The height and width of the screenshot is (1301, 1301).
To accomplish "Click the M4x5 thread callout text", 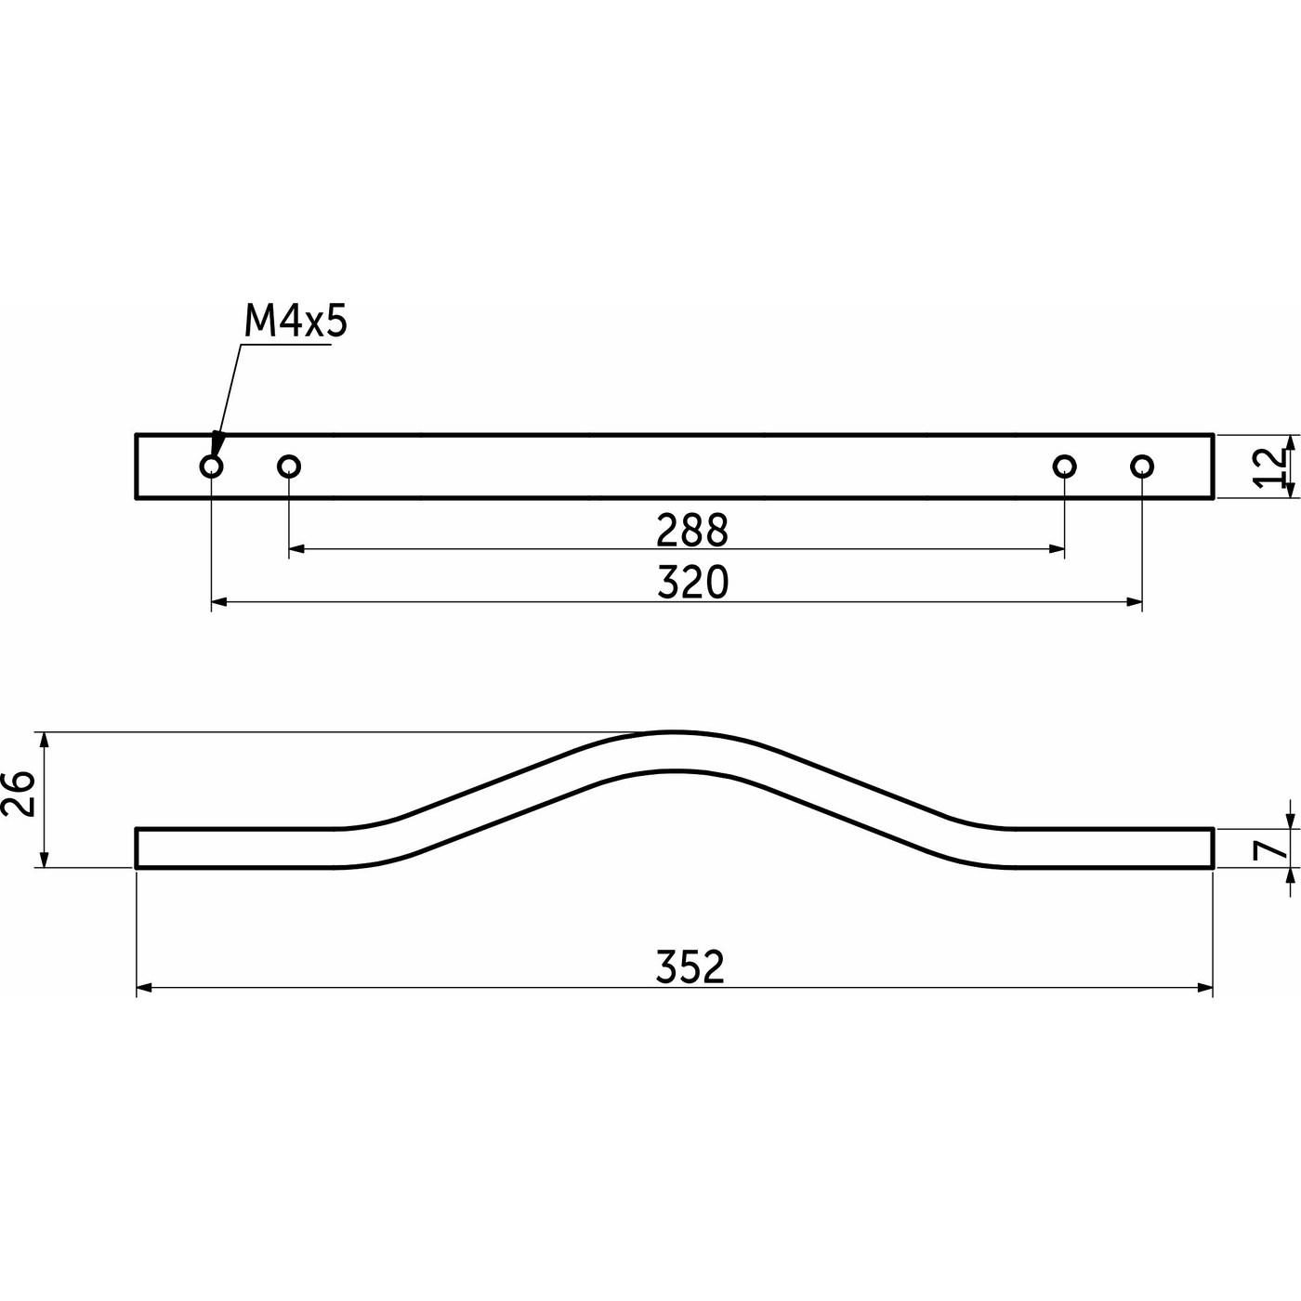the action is coord(295,322).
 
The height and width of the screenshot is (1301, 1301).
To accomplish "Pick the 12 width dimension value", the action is coord(1268,467).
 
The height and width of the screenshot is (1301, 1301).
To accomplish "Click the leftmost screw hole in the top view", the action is coord(211,466).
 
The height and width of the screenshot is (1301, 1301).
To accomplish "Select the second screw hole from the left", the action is coord(289,466).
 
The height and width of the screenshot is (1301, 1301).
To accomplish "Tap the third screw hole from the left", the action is coord(1065,466).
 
